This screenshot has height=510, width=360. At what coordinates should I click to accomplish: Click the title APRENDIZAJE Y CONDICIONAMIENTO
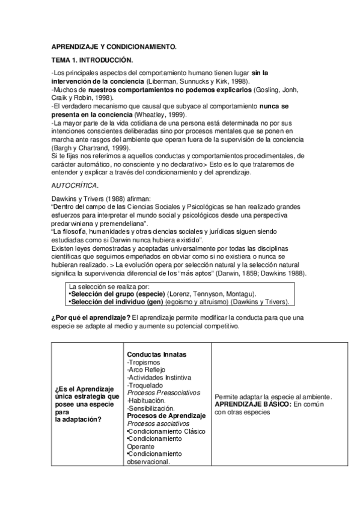click(114, 46)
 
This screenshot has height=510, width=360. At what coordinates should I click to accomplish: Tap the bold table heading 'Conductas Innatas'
click(156, 355)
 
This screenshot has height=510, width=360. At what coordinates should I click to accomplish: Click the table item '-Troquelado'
click(145, 386)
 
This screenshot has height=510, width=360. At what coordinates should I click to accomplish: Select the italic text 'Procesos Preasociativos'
click(159, 393)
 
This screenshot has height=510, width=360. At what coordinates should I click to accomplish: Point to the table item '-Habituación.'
click(147, 401)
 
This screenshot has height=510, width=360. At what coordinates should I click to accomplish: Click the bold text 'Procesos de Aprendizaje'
click(162, 416)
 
